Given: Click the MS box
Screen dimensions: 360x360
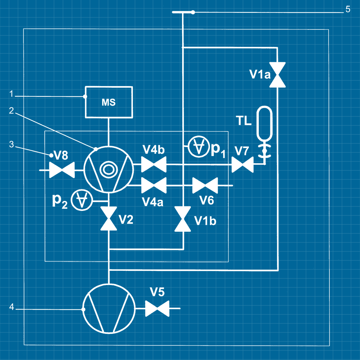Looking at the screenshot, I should coord(109,102).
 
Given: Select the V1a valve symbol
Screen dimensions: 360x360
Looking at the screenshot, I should coord(277,75).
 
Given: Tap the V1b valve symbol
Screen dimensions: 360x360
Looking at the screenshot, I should coord(183,219).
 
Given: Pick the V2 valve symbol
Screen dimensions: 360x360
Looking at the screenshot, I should coord(109,218).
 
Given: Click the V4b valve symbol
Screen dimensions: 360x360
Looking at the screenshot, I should coord(154,164).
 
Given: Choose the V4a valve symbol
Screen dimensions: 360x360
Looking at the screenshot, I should coord(154,185).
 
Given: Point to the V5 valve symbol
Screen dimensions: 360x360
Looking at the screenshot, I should coord(157,308).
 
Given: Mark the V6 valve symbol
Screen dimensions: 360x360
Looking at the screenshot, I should coord(205,185).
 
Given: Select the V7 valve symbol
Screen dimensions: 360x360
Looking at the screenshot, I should coord(242,165).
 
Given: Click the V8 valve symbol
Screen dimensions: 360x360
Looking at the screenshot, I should coord(62,170).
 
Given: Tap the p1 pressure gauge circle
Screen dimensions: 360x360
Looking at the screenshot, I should coord(198,147).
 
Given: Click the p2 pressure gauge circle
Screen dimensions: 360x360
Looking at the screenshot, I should coord(82,200).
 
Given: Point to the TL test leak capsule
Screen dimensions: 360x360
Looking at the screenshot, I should coord(264,123).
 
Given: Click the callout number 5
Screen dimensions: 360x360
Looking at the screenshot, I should coord(348,9).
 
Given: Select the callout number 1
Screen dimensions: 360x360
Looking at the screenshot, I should coord(11,94).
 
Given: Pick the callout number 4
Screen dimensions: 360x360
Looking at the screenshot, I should coord(11,307).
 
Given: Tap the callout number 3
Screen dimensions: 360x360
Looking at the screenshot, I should coord(11,144).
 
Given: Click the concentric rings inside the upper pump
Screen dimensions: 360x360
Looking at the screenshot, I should coord(108,169).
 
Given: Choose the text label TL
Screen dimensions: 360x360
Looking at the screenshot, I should coord(244,121).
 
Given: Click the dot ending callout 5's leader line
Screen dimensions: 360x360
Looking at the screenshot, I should coord(193,12).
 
